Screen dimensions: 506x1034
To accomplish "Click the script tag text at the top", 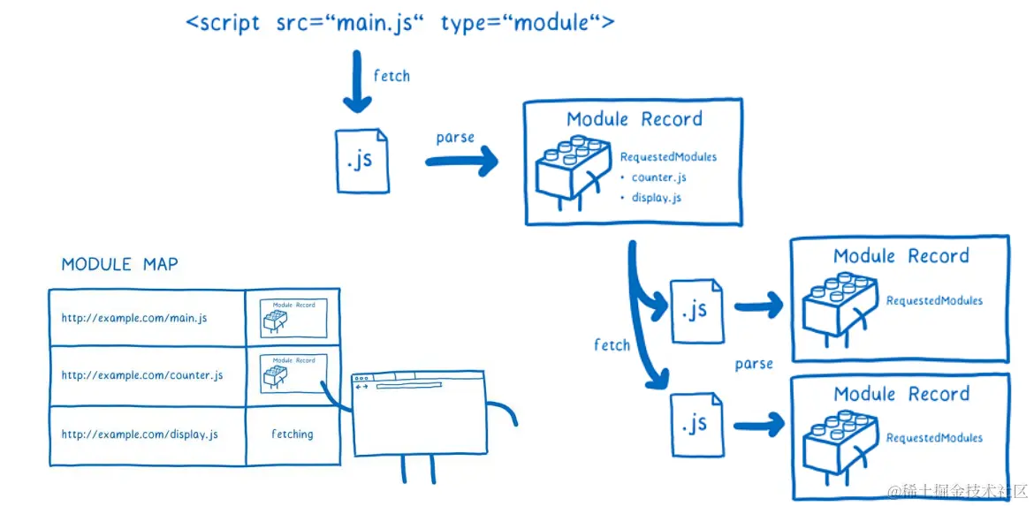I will [399, 22].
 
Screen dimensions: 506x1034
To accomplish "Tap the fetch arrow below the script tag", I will [357, 82].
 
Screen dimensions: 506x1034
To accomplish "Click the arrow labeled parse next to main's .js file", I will [460, 162].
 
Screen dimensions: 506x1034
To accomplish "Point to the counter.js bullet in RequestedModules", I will [658, 177].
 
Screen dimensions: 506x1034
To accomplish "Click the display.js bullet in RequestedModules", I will [656, 198].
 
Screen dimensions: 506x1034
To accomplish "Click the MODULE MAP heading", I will [119, 265].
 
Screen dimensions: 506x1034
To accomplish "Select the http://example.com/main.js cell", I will [134, 318].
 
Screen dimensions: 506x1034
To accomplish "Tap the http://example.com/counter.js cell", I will [141, 375].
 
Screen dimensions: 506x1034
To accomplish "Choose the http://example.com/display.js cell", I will [140, 434].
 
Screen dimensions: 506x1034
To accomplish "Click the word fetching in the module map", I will [292, 434].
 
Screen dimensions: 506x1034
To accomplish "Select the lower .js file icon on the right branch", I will [696, 424].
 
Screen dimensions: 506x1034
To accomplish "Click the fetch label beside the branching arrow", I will [612, 345].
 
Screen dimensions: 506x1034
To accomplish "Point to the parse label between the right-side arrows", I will [753, 364].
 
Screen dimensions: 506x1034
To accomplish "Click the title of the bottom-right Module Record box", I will [901, 395].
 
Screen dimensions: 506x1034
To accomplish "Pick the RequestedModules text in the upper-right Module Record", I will [934, 300].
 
